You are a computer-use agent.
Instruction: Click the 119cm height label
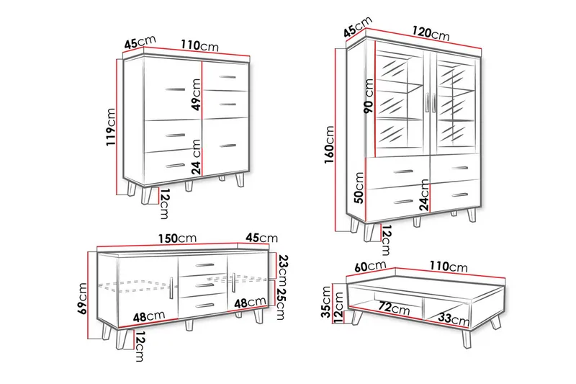pos(111,126)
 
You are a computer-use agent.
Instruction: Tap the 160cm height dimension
pos(329,145)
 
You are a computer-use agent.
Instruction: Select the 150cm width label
pos(177,238)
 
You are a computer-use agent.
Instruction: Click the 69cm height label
pos(83,298)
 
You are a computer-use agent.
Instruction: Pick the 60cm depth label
pos(370,267)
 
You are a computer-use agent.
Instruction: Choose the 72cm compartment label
pos(394,308)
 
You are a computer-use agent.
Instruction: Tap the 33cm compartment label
pos(454,318)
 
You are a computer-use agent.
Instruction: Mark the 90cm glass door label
pos(369,96)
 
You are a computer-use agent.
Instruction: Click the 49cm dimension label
pos(197,94)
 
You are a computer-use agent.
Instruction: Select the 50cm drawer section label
pos(359,187)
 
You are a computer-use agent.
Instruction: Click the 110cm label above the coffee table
pos(448,266)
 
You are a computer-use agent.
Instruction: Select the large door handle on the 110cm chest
pos(175,89)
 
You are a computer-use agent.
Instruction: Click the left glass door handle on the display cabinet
pos(427,102)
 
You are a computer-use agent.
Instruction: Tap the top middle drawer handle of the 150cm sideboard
pos(205,265)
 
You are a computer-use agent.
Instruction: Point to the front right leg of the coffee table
pos(467,339)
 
